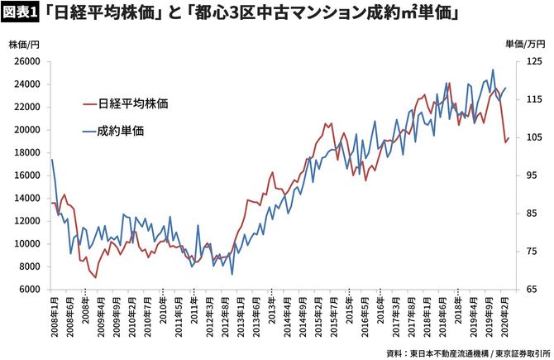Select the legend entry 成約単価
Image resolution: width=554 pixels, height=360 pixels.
click(120, 130)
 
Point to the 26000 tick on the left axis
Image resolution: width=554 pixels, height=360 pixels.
click(26, 61)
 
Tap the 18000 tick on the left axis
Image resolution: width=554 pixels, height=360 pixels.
click(26, 152)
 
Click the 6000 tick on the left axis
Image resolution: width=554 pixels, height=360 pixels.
click(29, 290)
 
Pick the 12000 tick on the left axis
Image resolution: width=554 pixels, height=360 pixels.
click(26, 221)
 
